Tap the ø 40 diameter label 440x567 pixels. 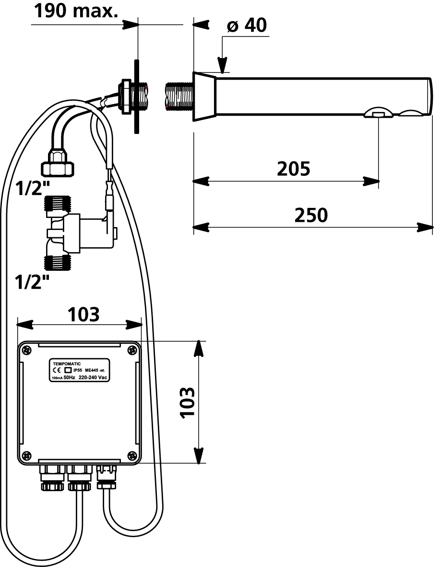tap(247, 25)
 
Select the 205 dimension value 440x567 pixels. tap(294, 169)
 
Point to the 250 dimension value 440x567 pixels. tap(311, 215)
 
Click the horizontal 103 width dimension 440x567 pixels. tap(83, 314)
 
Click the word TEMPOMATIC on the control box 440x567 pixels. tap(67, 364)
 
